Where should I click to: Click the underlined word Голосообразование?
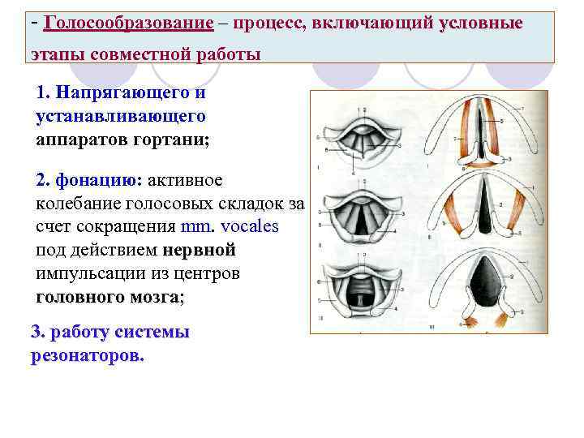point(129,23)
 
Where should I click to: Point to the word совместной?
point(132,55)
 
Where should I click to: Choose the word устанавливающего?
point(121,117)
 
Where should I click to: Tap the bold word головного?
point(82,297)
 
